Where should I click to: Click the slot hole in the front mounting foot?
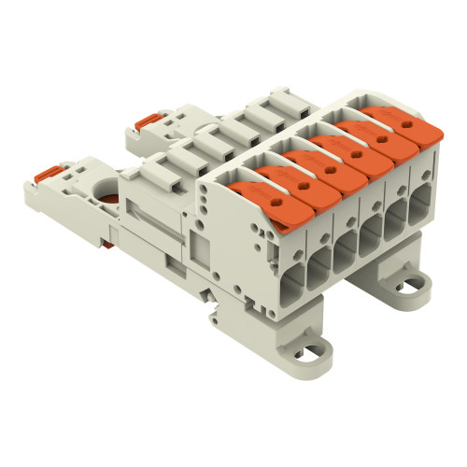pos(318,351)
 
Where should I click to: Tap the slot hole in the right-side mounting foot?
pos(409,276)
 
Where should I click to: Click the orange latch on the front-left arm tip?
pos(50,176)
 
